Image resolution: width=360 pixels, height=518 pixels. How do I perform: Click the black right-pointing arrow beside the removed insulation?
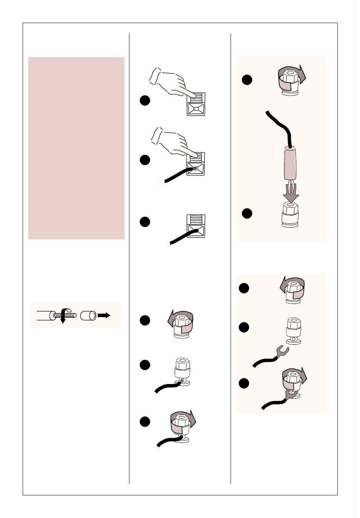point(104,315)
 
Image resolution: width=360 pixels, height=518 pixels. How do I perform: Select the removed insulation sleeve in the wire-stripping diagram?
point(88,315)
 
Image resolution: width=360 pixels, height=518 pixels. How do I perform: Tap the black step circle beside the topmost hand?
point(145,100)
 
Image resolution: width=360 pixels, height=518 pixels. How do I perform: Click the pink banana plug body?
point(290,164)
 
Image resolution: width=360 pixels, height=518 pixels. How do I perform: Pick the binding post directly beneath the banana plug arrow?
point(290,215)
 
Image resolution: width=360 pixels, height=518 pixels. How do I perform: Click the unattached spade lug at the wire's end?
point(282,351)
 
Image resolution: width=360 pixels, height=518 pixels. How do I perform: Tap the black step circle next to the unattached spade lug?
point(244,327)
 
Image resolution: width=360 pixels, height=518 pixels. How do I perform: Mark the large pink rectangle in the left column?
point(76,148)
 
